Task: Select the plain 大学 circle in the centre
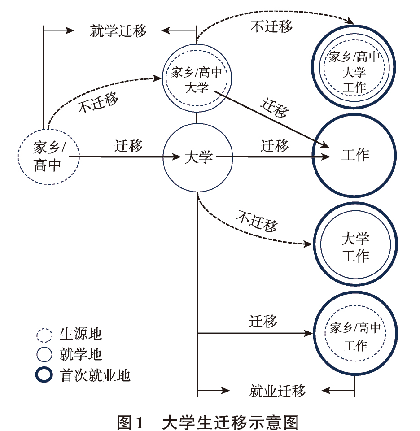[x=198, y=157]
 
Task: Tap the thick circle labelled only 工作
[x=355, y=156]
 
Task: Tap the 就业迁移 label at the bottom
[x=277, y=391]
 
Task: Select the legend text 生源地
[x=81, y=335]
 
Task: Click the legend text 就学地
[x=81, y=355]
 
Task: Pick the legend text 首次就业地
[x=95, y=375]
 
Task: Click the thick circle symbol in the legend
[x=45, y=375]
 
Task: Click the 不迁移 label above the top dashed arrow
[x=271, y=26]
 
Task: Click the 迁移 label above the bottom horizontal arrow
[x=263, y=321]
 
